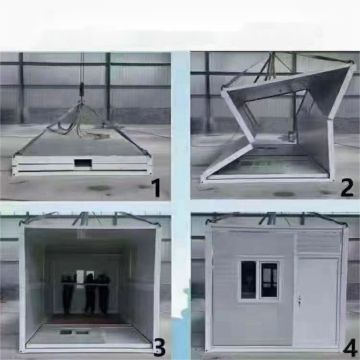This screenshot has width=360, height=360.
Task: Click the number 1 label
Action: point(155,186)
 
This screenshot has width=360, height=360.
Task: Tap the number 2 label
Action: point(346,186)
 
